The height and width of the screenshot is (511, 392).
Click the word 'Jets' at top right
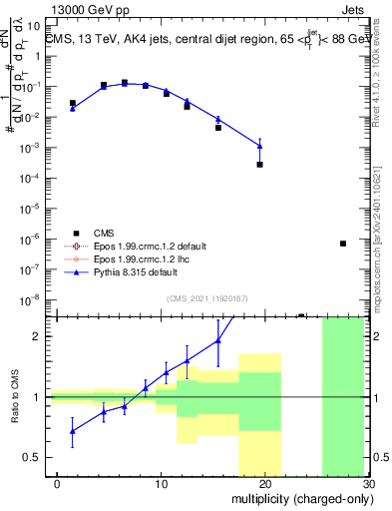[368, 7]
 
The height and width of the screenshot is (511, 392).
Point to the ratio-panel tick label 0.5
[29, 457]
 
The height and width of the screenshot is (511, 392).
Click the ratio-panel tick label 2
[34, 336]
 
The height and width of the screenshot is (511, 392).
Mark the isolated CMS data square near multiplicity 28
[343, 244]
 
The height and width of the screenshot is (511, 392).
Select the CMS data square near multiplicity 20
[259, 165]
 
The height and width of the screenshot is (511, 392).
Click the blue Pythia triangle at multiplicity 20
[259, 147]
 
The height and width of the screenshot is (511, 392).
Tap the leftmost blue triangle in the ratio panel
[73, 431]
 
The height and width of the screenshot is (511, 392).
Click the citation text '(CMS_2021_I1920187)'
[205, 297]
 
